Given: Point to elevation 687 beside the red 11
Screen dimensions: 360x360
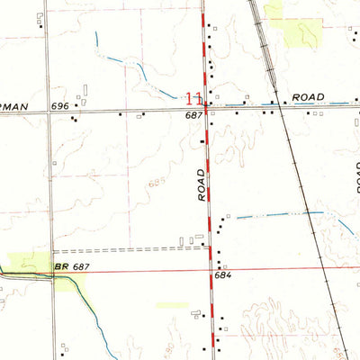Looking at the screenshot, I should coord(193,114).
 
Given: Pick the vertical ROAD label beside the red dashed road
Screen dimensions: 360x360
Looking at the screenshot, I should coord(202,184).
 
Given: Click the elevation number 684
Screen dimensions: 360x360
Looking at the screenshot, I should coord(224,274).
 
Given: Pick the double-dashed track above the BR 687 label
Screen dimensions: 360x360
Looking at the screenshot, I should coord(126,250).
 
